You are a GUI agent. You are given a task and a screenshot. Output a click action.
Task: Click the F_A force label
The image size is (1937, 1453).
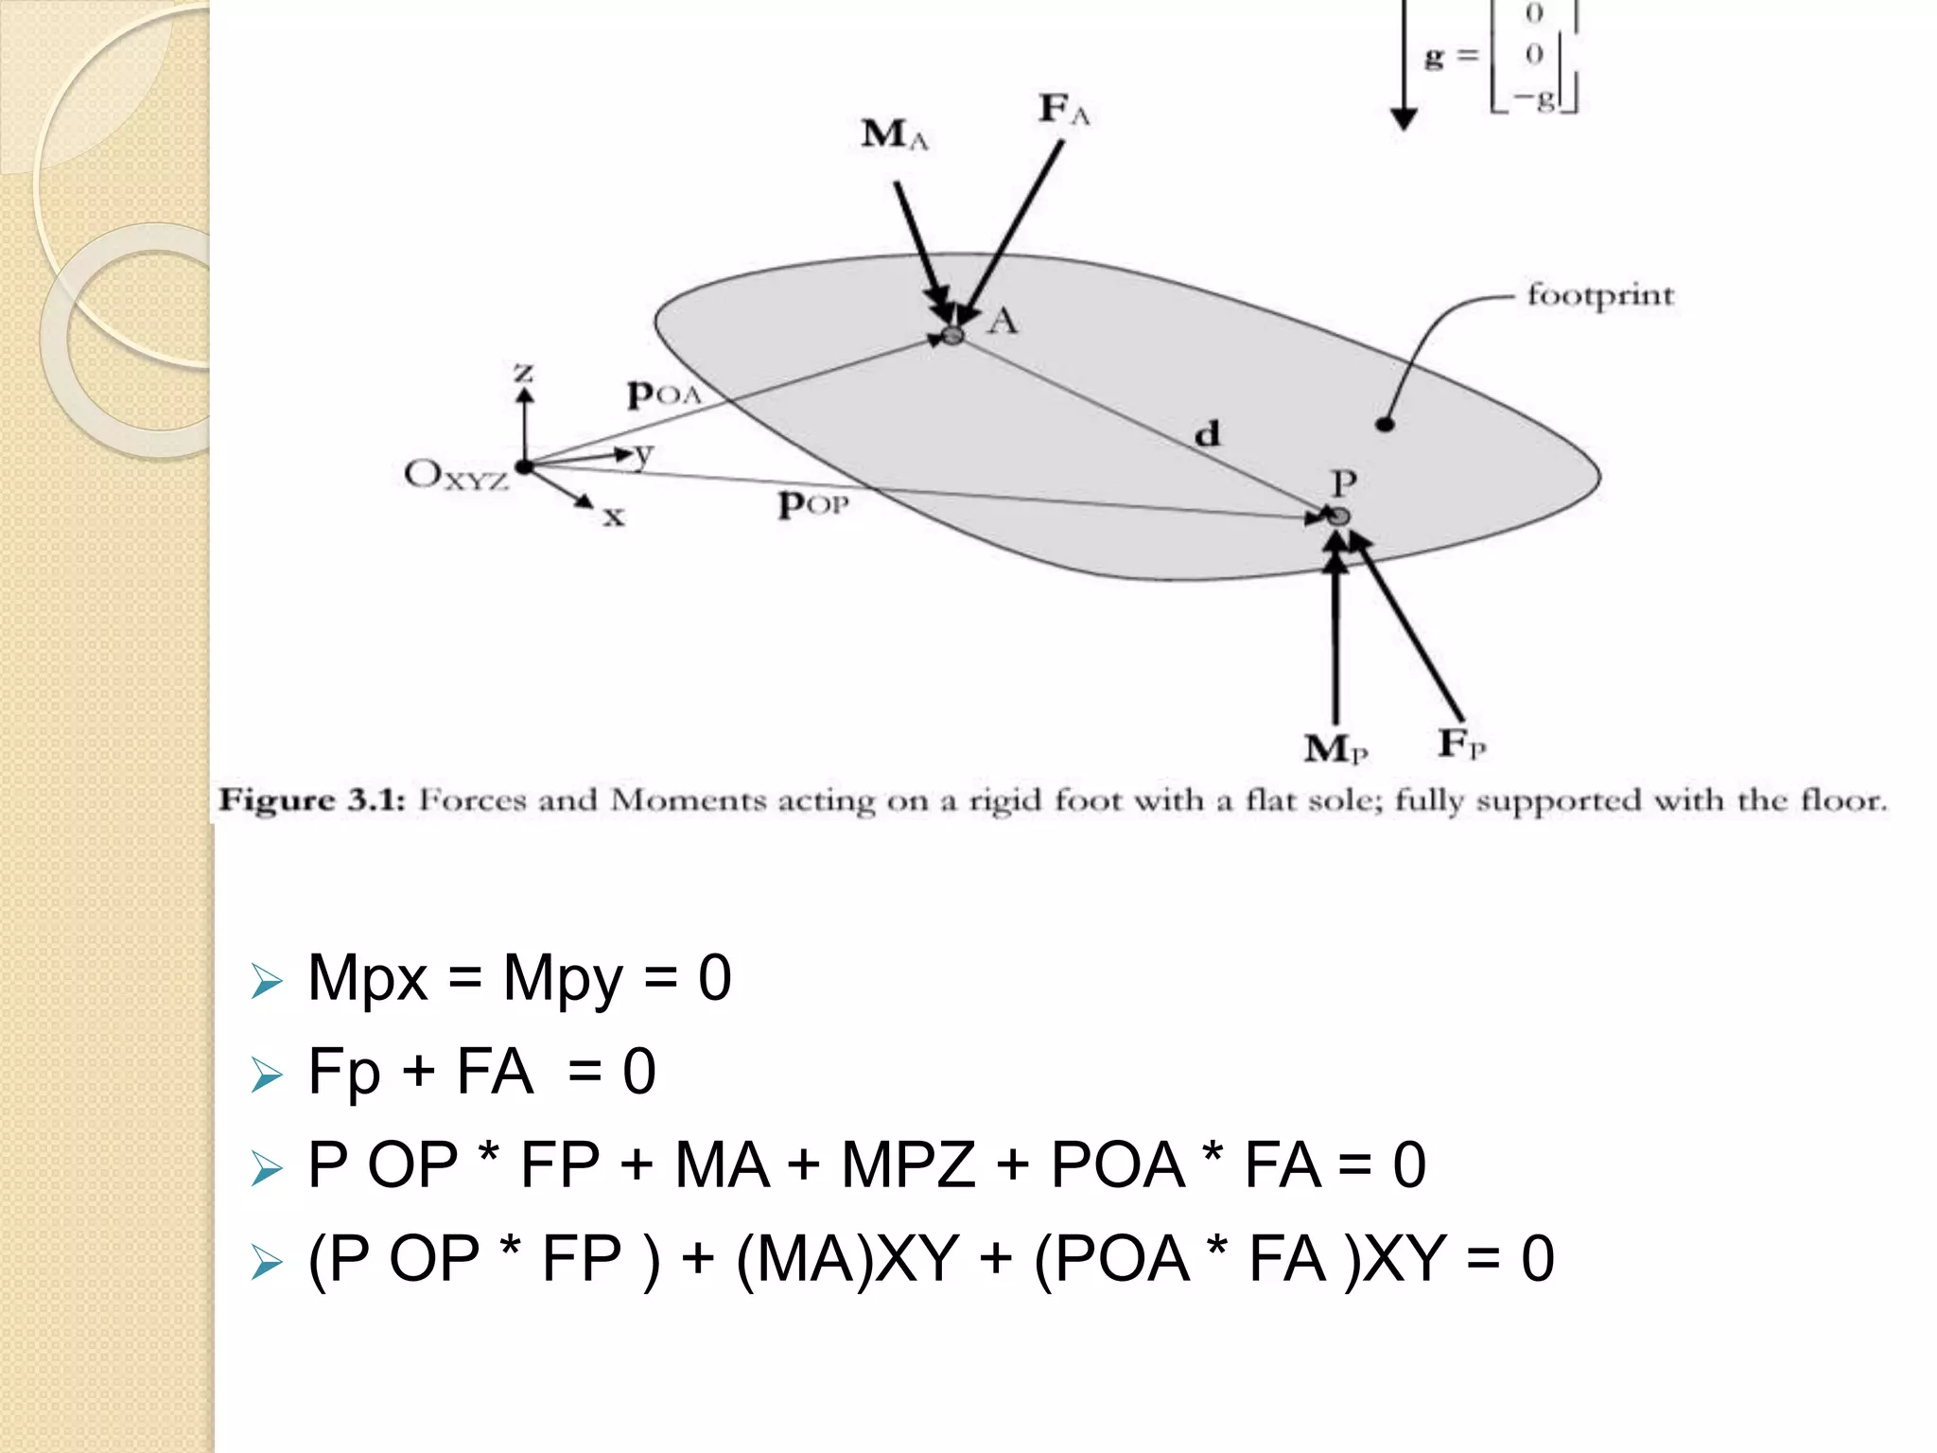[1063, 109]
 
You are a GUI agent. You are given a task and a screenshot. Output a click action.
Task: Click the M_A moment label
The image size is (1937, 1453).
[894, 135]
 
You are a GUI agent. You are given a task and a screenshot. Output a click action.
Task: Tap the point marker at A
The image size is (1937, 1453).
[952, 335]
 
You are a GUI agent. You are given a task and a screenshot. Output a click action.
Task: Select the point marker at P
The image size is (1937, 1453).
[1338, 516]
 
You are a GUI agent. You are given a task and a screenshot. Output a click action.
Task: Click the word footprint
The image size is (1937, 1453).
[1599, 295]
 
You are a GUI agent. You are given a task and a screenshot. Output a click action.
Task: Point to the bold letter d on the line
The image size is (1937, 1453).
[1207, 434]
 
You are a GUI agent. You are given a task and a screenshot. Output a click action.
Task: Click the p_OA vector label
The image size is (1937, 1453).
[663, 394]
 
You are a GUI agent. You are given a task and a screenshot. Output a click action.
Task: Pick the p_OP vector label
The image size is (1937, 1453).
[812, 504]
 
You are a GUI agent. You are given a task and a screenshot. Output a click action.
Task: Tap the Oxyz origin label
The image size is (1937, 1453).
[455, 475]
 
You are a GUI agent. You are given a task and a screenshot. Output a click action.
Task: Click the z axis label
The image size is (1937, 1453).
[523, 373]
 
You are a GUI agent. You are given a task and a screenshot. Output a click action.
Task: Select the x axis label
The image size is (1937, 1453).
[614, 516]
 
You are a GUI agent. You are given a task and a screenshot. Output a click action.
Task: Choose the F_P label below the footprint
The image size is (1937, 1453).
[1461, 744]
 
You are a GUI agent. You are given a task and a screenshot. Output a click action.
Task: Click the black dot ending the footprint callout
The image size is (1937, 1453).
[1385, 425]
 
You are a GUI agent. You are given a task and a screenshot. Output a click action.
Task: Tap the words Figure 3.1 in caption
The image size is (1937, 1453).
[311, 800]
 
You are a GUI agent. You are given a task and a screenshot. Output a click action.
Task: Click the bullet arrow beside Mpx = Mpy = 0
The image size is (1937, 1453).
[267, 981]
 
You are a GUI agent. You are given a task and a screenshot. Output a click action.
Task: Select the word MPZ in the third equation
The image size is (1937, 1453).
[907, 1164]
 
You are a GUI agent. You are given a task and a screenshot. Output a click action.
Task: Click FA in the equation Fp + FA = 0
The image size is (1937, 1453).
[494, 1072]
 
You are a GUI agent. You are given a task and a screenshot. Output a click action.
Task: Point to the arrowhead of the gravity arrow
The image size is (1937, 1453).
[1404, 119]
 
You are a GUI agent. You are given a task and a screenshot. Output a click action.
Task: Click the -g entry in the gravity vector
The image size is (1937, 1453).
[1534, 97]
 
